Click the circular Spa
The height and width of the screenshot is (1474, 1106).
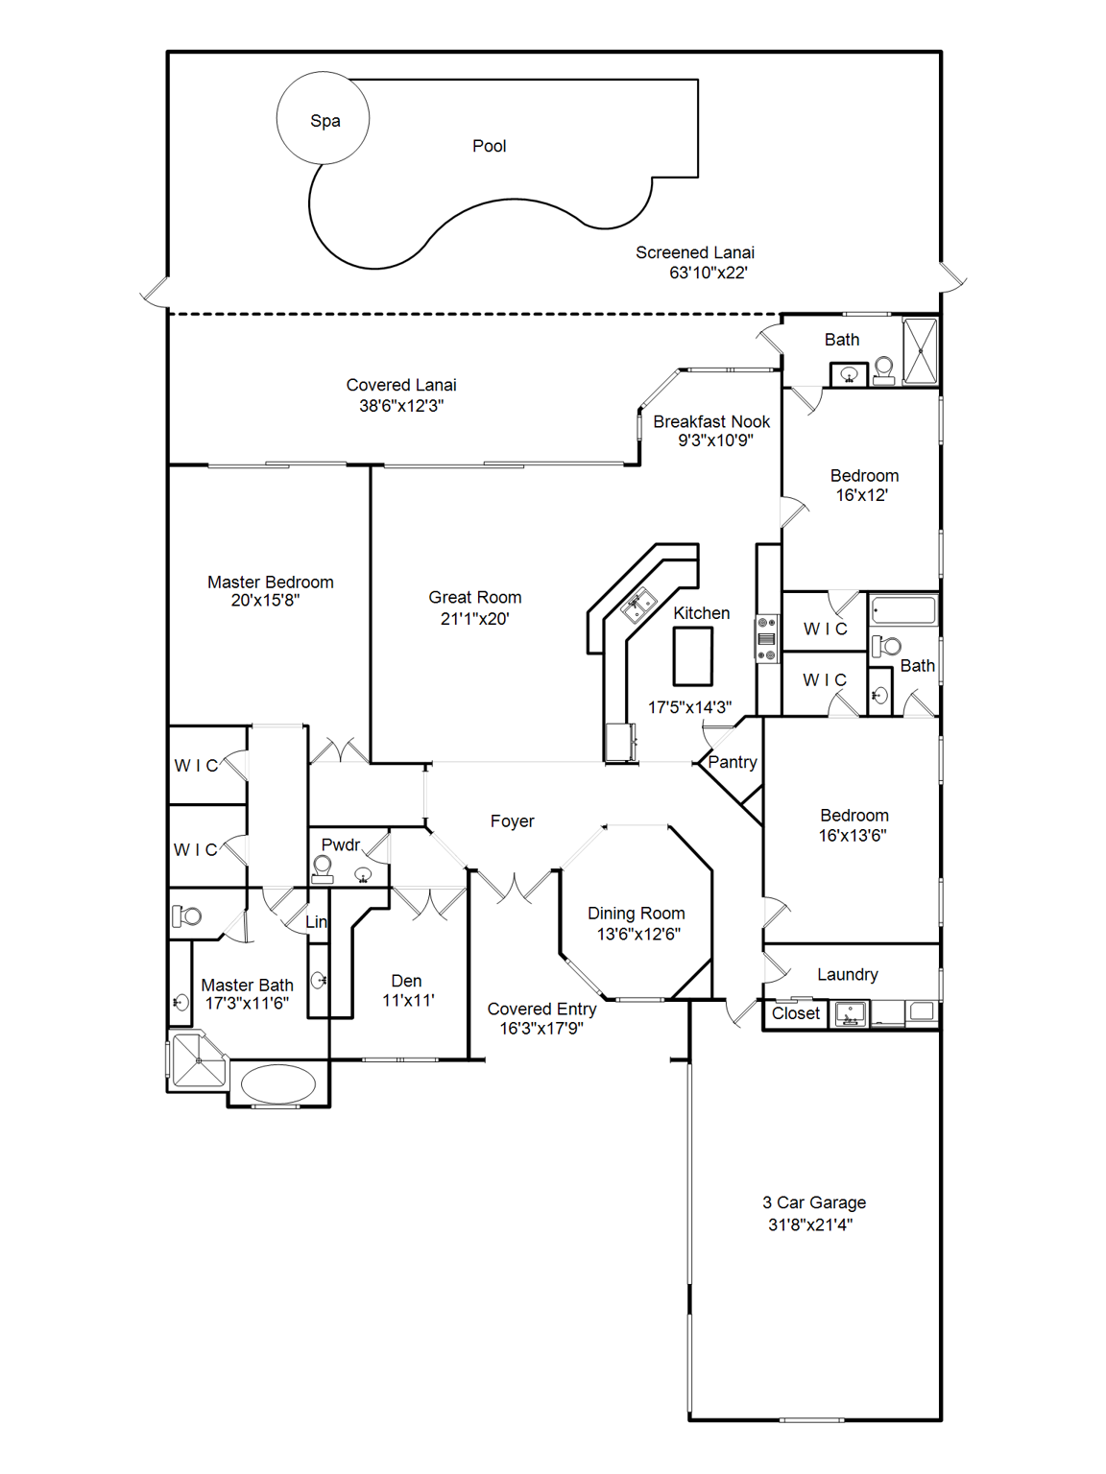(x=323, y=119)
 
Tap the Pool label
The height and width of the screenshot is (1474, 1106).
(x=489, y=146)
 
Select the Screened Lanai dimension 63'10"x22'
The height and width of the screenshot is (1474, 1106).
(x=708, y=273)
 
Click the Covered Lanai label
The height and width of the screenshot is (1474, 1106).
(x=401, y=385)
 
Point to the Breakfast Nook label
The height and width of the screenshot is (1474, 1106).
(x=711, y=421)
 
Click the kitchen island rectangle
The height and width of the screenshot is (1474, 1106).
(x=692, y=656)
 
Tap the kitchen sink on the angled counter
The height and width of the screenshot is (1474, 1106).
(x=637, y=606)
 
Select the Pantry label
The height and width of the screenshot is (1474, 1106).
(x=732, y=762)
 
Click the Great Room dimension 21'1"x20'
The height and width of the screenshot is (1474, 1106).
(x=474, y=619)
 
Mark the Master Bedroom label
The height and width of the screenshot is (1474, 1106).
(x=270, y=582)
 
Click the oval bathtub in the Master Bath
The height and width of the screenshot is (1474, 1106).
(x=277, y=1084)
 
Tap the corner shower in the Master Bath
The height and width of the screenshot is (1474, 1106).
(x=199, y=1060)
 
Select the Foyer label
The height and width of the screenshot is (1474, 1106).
(x=512, y=821)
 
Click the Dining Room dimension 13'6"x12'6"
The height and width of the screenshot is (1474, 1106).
(x=637, y=934)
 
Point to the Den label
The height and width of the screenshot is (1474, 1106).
(x=406, y=981)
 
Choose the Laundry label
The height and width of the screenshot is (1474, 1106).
(x=847, y=974)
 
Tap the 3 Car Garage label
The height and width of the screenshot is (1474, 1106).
(x=813, y=1202)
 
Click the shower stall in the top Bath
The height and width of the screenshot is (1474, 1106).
(x=920, y=351)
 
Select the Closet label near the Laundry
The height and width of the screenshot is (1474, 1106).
(x=795, y=1013)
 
